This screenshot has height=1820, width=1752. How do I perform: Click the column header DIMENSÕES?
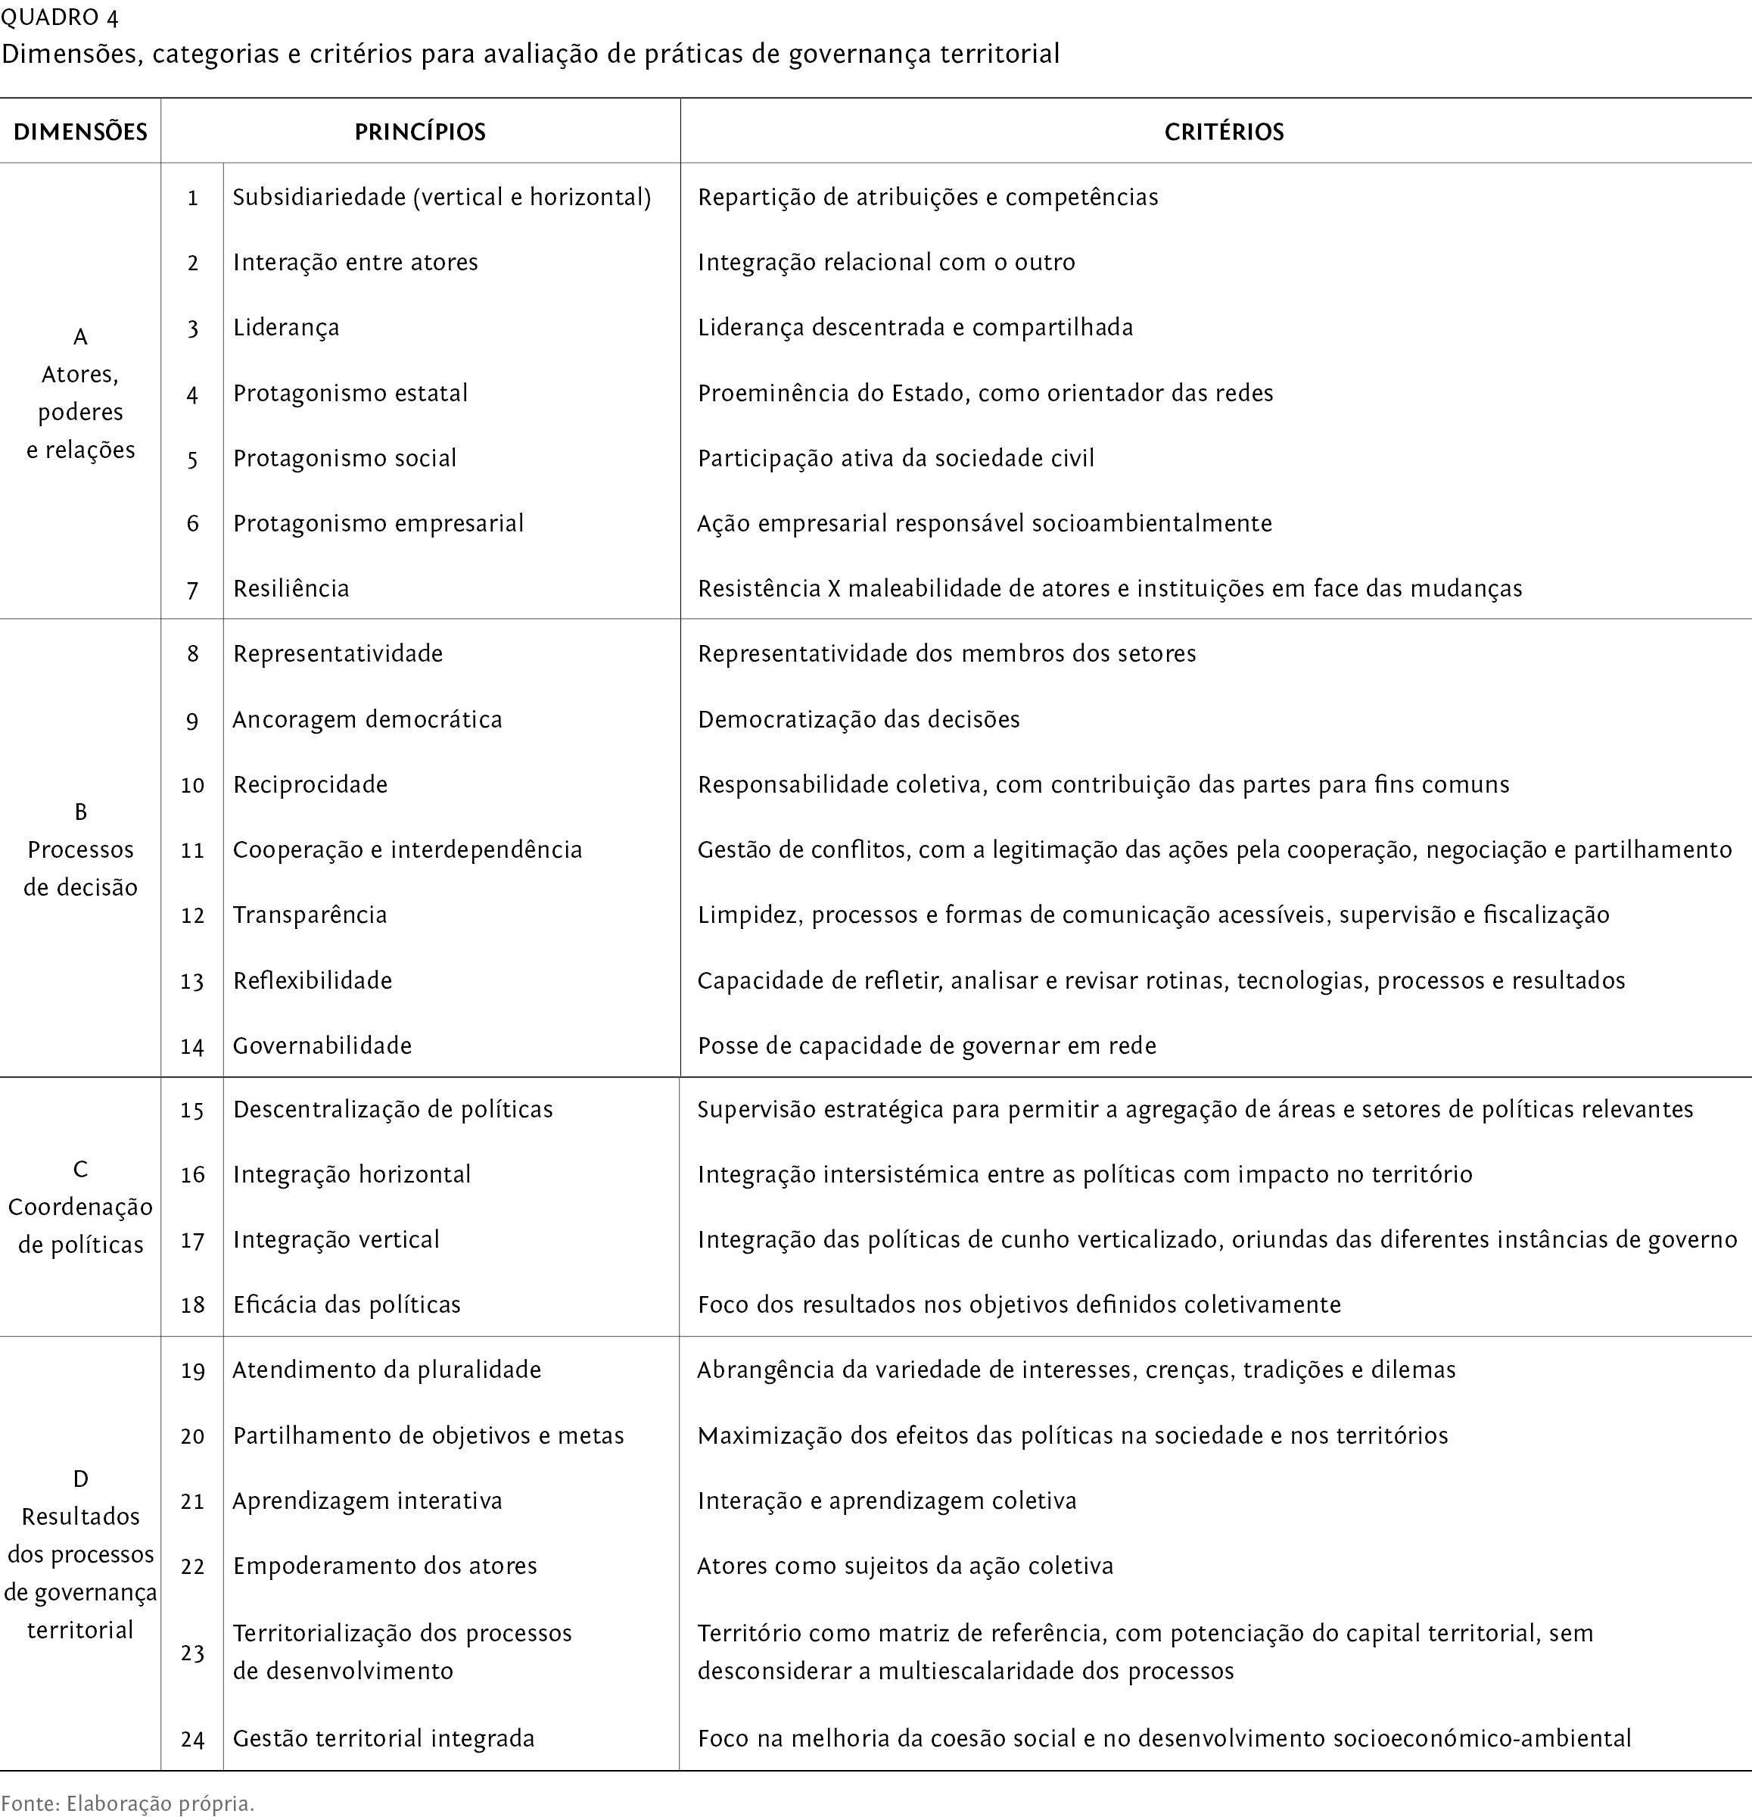[x=80, y=132]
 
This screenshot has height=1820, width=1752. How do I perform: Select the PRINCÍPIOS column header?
[x=420, y=132]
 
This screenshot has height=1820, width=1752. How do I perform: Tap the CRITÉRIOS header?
[x=1224, y=132]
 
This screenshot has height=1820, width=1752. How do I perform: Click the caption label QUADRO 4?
[x=61, y=17]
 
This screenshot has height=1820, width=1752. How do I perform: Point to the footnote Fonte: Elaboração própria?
[x=127, y=1803]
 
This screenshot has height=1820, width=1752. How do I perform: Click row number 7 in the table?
[x=192, y=590]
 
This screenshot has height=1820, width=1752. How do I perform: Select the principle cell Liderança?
[x=286, y=328]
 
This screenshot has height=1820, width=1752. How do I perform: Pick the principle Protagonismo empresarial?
[x=378, y=524]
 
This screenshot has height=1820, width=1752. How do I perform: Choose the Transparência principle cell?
[x=310, y=915]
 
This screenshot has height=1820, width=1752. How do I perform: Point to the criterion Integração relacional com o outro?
[x=885, y=263]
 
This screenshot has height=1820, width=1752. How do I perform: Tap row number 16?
[x=192, y=1176]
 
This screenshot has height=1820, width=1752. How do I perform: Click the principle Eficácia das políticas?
[x=347, y=1304]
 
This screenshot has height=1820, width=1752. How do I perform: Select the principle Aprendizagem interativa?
[x=367, y=1501]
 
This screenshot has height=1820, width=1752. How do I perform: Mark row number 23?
[x=192, y=1653]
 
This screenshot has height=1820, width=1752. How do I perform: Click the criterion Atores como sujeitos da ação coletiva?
[x=904, y=1566]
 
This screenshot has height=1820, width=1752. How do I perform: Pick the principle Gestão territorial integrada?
[x=384, y=1738]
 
